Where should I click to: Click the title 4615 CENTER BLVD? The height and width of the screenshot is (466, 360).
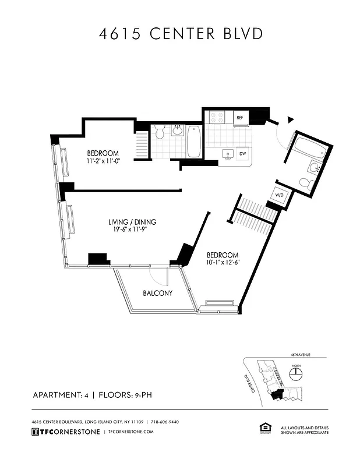pos(180,34)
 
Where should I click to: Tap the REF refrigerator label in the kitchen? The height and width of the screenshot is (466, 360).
pos(239,118)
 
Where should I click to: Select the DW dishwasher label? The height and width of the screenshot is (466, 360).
pos(242,154)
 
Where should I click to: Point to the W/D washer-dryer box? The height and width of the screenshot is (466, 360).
pos(278,195)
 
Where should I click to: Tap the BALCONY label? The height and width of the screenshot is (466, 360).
pos(158,293)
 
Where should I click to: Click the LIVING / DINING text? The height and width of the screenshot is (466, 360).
pos(132,222)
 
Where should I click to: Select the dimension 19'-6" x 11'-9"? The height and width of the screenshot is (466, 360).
pos(132,230)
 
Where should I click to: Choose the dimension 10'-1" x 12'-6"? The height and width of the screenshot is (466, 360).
pos(223,263)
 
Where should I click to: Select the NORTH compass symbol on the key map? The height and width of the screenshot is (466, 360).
pos(296,371)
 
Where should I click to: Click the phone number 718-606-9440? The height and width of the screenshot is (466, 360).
pos(173,421)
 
